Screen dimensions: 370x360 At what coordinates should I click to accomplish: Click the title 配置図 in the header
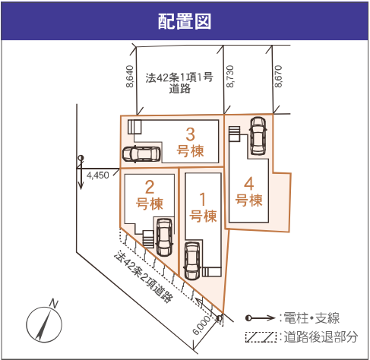pos(185,21)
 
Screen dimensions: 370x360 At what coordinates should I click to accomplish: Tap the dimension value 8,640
pos(129,77)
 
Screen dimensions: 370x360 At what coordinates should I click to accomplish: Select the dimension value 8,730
pos(229,77)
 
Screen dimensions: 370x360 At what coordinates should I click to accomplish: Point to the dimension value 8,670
pos(278,77)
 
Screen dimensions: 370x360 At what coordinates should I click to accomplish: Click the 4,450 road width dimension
pos(98,175)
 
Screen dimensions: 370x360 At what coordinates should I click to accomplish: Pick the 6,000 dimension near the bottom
pos(201,324)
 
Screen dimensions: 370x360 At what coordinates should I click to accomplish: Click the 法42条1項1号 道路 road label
pos(179,83)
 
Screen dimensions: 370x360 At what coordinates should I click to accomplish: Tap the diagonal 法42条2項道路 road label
pos(144,276)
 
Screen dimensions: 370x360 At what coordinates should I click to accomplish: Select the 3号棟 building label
pos(190,143)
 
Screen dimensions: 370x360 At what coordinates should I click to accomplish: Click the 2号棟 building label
pos(150,195)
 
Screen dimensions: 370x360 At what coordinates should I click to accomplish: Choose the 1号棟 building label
pos(203,207)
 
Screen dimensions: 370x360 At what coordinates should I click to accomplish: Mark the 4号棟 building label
pos(248,191)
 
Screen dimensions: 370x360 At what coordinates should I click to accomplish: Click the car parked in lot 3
pos(141,154)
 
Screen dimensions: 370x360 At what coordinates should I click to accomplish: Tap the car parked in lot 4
pos(258,136)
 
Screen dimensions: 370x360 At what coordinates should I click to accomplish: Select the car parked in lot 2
pos(165,237)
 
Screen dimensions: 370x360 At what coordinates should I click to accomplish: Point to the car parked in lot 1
pos(192,261)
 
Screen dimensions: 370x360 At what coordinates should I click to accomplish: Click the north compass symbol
pos(44,321)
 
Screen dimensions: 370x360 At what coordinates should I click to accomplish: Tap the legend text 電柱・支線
pos(311,318)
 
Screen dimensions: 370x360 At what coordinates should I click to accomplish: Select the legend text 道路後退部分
pos(321,336)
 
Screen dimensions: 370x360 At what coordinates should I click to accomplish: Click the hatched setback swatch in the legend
pos(261,337)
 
